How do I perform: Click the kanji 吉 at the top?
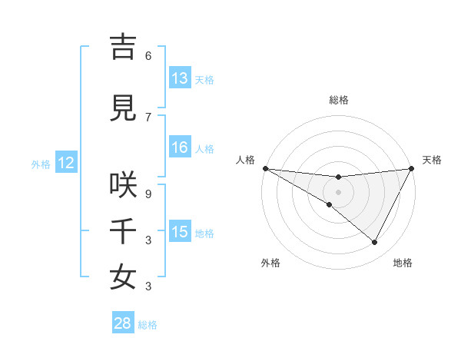123,47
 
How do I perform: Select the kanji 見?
123,108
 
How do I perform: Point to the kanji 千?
123,231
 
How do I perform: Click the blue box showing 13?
180,78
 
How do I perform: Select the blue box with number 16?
180,148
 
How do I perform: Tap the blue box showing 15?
180,232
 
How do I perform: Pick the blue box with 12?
65,163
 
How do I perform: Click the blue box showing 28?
123,323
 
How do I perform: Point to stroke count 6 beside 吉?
148,55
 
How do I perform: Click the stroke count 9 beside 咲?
148,194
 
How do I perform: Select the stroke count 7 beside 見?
148,117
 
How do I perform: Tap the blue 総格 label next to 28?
148,325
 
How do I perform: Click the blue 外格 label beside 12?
41,164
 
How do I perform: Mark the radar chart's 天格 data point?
412,168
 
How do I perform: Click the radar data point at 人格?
265,168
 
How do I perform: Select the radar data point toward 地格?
375,243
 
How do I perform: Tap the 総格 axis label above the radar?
339,100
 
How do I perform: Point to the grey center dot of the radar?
338,191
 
